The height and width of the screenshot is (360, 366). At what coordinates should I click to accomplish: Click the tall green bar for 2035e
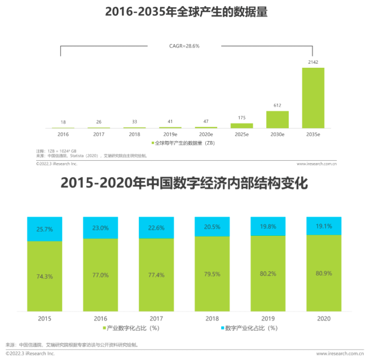(x=313, y=98)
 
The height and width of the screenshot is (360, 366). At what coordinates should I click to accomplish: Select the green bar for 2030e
(x=277, y=120)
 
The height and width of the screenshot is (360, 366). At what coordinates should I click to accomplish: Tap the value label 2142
(x=313, y=62)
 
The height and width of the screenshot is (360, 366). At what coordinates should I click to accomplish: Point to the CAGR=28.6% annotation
(x=184, y=46)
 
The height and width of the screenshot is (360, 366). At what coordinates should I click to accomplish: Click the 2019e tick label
(x=170, y=135)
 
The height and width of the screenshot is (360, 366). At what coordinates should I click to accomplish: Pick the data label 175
(x=241, y=118)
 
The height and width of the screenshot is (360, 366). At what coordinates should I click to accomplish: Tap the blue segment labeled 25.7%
(x=45, y=229)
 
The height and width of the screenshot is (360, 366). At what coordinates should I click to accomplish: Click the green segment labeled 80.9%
(x=324, y=273)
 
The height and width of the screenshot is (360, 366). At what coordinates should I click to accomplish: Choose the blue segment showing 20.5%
(x=212, y=226)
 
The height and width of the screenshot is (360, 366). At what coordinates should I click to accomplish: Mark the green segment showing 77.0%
(x=100, y=275)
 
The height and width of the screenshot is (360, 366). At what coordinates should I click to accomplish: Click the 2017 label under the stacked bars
(x=156, y=318)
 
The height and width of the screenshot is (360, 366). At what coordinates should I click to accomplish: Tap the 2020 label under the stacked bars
(x=324, y=318)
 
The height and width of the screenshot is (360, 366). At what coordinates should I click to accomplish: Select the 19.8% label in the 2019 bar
(x=268, y=226)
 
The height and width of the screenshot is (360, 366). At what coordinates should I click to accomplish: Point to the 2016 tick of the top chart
(x=63, y=135)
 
